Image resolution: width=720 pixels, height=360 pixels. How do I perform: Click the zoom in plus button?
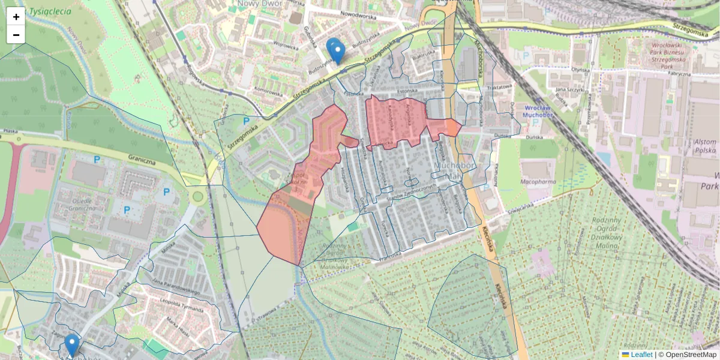[x=16, y=17]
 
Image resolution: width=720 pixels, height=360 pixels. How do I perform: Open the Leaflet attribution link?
[x=641, y=355]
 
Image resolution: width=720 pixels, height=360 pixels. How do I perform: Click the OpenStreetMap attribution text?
[x=691, y=355]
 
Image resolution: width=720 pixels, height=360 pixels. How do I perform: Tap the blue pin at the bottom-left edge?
[x=72, y=345]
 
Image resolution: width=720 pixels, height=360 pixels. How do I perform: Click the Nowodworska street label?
[x=357, y=16]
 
